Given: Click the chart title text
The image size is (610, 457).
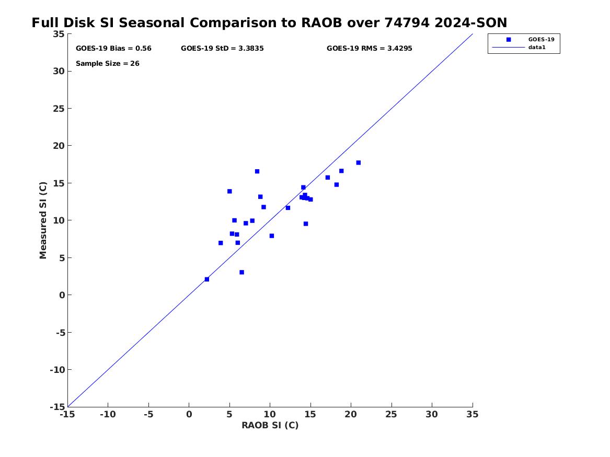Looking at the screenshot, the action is [x=269, y=22].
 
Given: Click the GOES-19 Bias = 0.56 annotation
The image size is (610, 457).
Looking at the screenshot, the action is [x=113, y=49].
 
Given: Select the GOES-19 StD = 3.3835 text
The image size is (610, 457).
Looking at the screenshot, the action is [x=222, y=49].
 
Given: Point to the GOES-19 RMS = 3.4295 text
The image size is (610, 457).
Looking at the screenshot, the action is [x=369, y=49].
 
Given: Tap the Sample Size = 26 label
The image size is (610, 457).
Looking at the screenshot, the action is [x=107, y=63].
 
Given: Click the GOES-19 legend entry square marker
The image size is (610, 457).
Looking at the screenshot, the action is [x=509, y=40].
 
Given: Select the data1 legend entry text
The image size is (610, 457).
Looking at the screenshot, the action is [x=537, y=48].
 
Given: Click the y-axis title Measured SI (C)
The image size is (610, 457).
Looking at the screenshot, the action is [x=43, y=220].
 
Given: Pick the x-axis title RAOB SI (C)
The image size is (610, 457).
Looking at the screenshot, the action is [x=270, y=425].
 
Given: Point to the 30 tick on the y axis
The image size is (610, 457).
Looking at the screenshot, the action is [x=59, y=71].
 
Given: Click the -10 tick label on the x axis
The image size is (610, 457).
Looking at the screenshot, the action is [x=108, y=414].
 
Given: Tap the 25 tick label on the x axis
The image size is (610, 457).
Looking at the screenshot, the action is [x=391, y=414].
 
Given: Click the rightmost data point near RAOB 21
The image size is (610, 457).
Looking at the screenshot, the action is [x=358, y=163].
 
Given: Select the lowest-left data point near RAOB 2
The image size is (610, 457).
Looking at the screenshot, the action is [x=206, y=279].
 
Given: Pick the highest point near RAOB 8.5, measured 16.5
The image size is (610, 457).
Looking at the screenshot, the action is [x=257, y=171].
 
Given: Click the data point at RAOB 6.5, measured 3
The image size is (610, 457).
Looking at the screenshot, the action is [x=241, y=273].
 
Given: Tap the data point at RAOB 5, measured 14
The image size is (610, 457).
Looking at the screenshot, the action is [x=229, y=191].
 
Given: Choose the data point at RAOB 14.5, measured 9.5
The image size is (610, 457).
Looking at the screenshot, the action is [x=306, y=224].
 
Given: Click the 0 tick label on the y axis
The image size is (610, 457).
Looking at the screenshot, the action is [x=62, y=295].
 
